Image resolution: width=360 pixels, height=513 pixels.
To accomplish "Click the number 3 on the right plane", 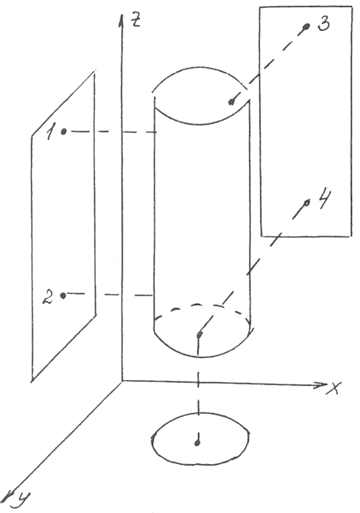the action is coord(323,24).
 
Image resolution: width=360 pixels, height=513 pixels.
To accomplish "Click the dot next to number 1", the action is coord(63,132).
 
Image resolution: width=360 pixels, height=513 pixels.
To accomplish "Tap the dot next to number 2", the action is coord(63,296).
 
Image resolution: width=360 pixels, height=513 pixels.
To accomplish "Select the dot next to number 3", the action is coord(306,27).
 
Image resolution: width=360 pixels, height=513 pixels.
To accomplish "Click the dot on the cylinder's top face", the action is coord(230,102).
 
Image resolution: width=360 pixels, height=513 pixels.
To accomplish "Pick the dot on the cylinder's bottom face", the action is coord(200,335).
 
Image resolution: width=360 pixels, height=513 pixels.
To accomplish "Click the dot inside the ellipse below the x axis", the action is coord(197,442).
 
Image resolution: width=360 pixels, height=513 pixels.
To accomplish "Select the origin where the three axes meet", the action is coord(122,380).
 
